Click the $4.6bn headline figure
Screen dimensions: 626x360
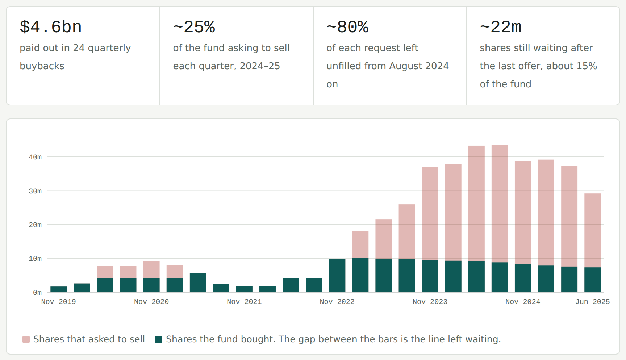point(51,27)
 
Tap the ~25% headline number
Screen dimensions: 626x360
point(194,27)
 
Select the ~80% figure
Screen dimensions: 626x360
point(347,27)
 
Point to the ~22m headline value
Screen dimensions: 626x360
point(501,27)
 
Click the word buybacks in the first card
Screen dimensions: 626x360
point(42,66)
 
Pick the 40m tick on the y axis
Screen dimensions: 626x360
point(35,157)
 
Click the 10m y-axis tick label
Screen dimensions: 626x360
point(35,258)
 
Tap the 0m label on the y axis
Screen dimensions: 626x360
point(37,292)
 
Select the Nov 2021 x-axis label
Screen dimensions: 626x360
point(244,302)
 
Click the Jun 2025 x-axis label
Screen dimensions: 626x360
point(593,302)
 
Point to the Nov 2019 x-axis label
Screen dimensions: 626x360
point(59,302)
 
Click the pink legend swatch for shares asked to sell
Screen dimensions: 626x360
point(26,339)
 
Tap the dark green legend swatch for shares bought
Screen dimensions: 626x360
point(159,339)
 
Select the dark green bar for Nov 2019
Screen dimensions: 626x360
point(59,289)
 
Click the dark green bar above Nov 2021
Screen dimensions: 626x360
point(244,289)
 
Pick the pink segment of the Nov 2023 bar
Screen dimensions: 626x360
point(430,213)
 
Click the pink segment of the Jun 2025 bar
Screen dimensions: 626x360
point(593,230)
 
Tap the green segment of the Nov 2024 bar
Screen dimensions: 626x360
point(523,278)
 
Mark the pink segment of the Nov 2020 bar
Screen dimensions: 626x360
point(151,269)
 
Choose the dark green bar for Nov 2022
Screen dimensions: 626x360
point(337,275)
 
